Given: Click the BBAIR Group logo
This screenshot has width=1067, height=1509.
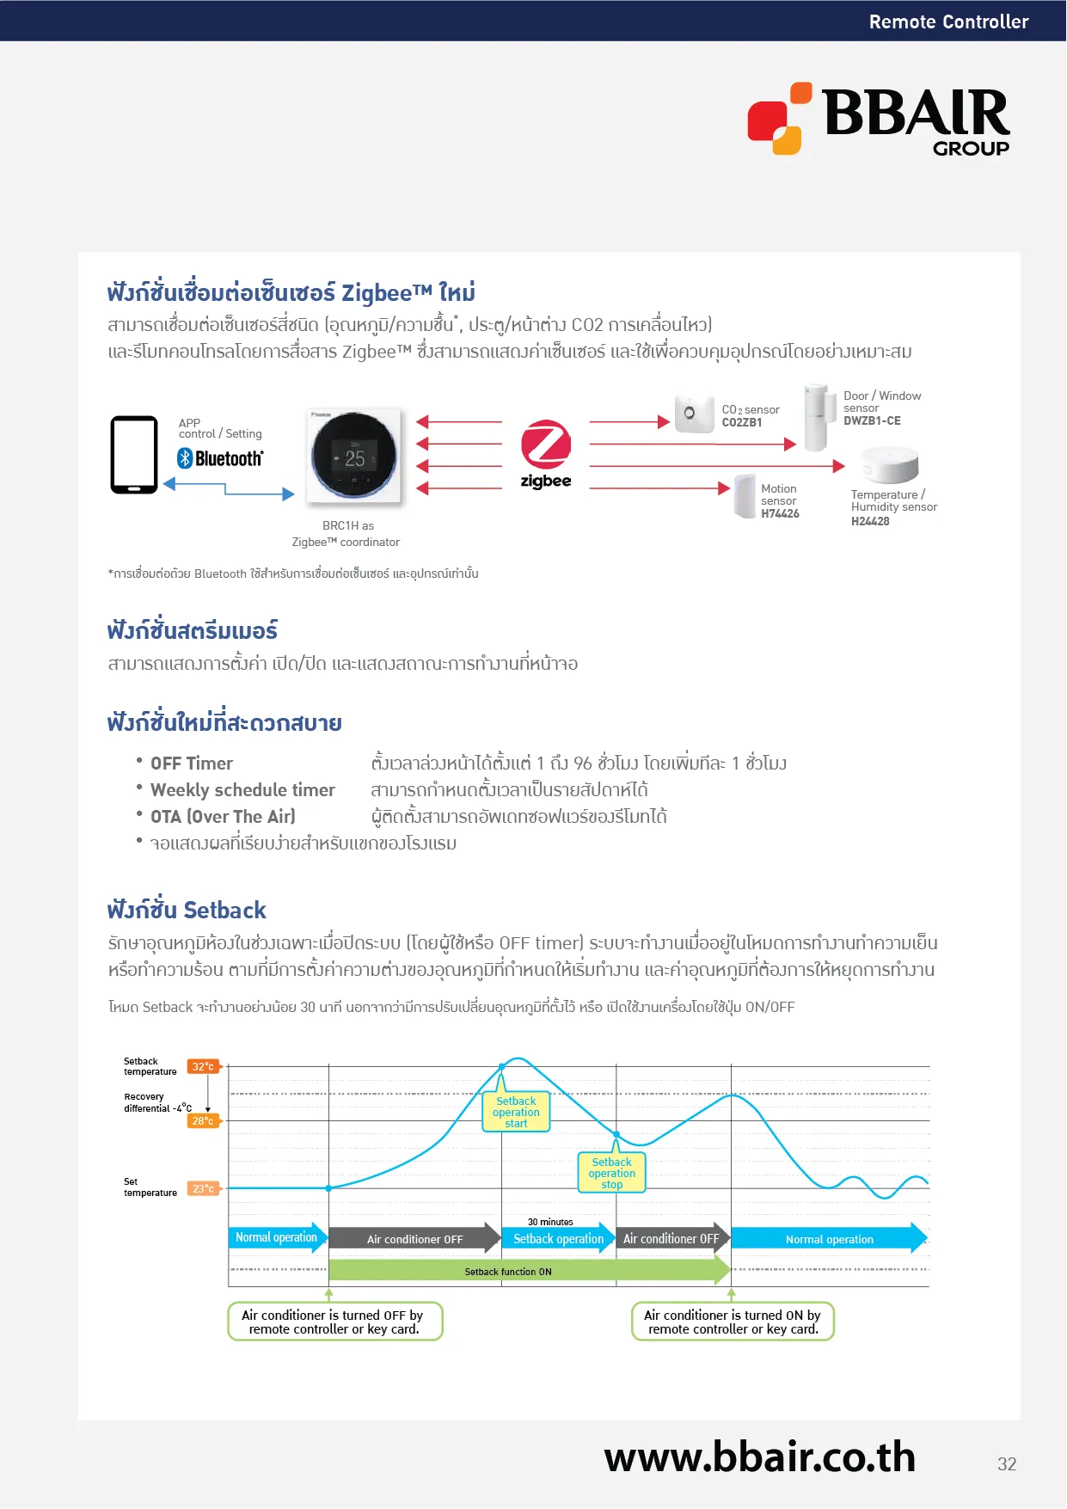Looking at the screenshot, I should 879,120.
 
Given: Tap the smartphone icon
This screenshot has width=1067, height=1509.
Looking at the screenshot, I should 134,455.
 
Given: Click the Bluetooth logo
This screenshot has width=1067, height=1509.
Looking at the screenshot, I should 220,458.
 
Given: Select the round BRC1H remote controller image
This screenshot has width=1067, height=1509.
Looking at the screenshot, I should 353,456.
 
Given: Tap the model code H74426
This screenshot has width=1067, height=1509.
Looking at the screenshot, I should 780,514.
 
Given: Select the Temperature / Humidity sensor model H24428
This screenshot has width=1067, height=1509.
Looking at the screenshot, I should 870,522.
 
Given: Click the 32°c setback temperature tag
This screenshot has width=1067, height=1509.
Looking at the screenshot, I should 204,1067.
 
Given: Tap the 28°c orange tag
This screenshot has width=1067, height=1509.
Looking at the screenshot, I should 204,1121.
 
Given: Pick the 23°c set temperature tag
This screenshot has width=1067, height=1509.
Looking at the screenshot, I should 204,1189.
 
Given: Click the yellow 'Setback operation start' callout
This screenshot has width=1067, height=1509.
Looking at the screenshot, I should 516,1113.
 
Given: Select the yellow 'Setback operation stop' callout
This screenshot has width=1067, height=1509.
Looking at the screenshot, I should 611,1174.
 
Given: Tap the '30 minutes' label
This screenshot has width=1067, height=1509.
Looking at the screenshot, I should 550,1222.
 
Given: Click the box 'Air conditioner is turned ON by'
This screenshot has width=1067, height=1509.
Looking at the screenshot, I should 733,1322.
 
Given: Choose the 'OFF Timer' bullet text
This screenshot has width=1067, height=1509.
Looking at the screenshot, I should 192,764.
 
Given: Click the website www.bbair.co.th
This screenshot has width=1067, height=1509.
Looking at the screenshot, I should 759,1458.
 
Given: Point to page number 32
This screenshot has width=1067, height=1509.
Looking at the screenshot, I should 1007,1464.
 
